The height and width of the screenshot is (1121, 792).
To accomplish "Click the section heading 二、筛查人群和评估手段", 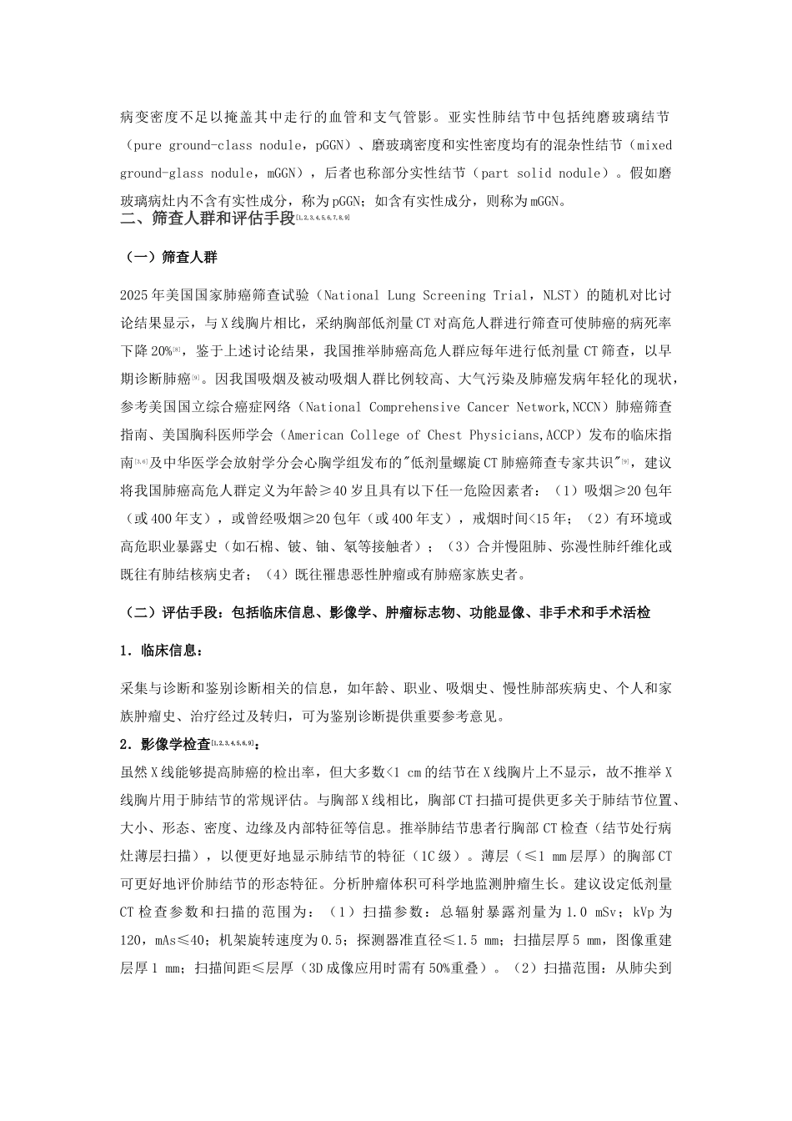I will pyautogui.click(x=208, y=219).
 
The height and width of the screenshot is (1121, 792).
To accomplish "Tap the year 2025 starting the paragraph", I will pyautogui.click(x=134, y=295).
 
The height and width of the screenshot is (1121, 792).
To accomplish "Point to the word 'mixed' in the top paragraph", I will pyautogui.click(x=654, y=145).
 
